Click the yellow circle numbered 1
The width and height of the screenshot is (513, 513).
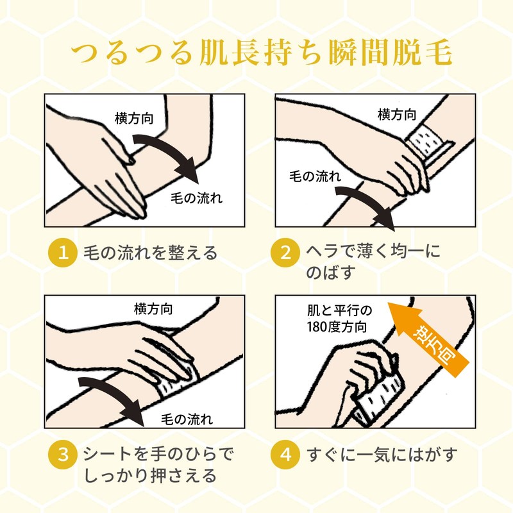point(62,253)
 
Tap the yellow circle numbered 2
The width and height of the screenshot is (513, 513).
point(285,253)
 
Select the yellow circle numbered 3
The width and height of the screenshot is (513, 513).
point(62,455)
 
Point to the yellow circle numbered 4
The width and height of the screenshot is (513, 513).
point(285,455)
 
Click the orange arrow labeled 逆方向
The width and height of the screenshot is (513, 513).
point(428,341)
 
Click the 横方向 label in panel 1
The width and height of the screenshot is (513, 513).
point(134,119)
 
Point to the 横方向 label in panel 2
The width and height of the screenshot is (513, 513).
point(397,115)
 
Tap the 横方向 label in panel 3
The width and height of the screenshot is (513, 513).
point(153,309)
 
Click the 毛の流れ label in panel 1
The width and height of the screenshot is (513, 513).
point(196,198)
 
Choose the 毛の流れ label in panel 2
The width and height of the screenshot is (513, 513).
point(315,176)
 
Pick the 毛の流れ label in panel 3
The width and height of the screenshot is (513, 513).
point(187,419)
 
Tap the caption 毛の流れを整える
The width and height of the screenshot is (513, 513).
point(150,253)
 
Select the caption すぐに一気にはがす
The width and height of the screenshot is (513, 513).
point(382,455)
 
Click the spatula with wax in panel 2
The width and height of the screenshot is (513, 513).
point(429,144)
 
